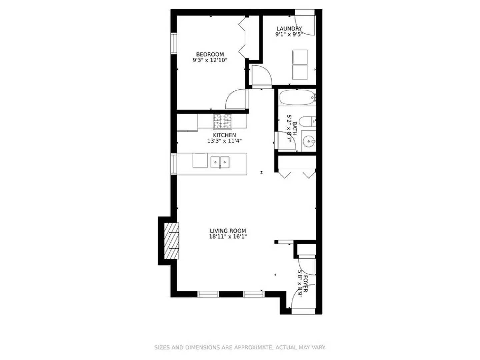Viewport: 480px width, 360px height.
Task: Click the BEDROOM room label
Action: click(210, 54)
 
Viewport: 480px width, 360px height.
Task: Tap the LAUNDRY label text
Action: click(289, 29)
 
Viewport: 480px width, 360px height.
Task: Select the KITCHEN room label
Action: click(224, 135)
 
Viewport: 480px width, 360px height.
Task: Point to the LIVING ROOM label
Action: click(228, 231)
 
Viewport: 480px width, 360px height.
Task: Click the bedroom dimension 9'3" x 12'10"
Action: click(210, 60)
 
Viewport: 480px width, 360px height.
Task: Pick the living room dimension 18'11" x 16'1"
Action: click(228, 237)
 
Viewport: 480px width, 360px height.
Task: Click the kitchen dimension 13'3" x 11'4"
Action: click(224, 141)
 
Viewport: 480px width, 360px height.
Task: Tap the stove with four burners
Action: click(223, 122)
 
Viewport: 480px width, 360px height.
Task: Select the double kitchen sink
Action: click(220, 162)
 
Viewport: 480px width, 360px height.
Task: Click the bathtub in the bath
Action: click(297, 98)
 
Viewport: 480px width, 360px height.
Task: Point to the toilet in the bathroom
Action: click(306, 121)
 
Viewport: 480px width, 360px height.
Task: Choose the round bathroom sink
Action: click(309, 142)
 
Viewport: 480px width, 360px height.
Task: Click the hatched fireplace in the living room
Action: click(172, 240)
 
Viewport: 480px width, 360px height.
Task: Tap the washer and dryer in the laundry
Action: click(300, 65)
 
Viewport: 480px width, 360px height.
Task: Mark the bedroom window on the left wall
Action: click(174, 43)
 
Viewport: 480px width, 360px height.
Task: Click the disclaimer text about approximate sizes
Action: click(240, 347)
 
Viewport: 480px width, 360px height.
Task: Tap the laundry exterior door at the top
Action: click(305, 22)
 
